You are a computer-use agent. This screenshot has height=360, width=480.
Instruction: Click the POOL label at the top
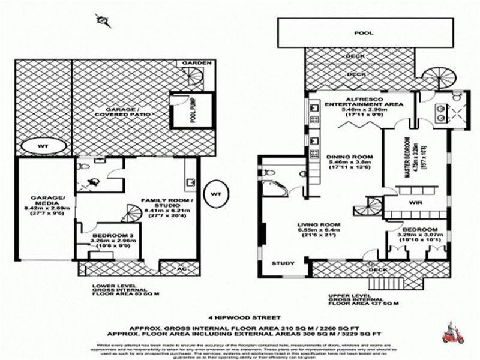coord(360,33)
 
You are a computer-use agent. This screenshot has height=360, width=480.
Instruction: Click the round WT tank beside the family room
coord(216,194)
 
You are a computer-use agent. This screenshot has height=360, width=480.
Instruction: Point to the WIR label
coord(417,203)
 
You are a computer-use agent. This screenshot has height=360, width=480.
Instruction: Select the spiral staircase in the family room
coord(131,214)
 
